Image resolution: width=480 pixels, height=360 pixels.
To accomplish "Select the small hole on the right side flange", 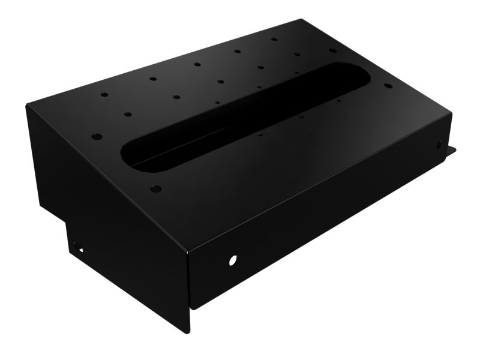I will (439, 144).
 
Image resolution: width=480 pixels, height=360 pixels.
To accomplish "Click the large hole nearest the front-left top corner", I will (155, 188).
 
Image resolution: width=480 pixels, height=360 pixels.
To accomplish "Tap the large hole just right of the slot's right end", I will (388, 85).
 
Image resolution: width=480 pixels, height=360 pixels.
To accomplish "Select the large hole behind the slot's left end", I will (95, 136).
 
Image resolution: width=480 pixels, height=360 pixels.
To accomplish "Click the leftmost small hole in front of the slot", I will (259, 136).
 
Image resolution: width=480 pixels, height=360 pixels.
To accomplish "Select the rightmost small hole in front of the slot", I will (339, 101).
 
